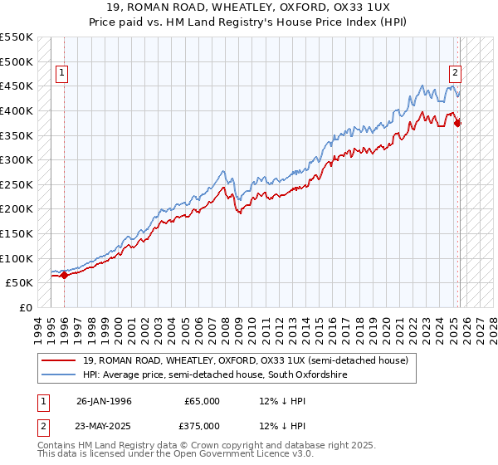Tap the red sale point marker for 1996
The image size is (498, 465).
pyautogui.click(x=65, y=276)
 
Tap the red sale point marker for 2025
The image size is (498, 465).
pyautogui.click(x=458, y=124)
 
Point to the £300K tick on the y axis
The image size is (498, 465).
pyautogui.click(x=17, y=159)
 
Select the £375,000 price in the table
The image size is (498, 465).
pyautogui.click(x=203, y=424)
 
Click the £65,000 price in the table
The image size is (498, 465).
pyautogui.click(x=203, y=401)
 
